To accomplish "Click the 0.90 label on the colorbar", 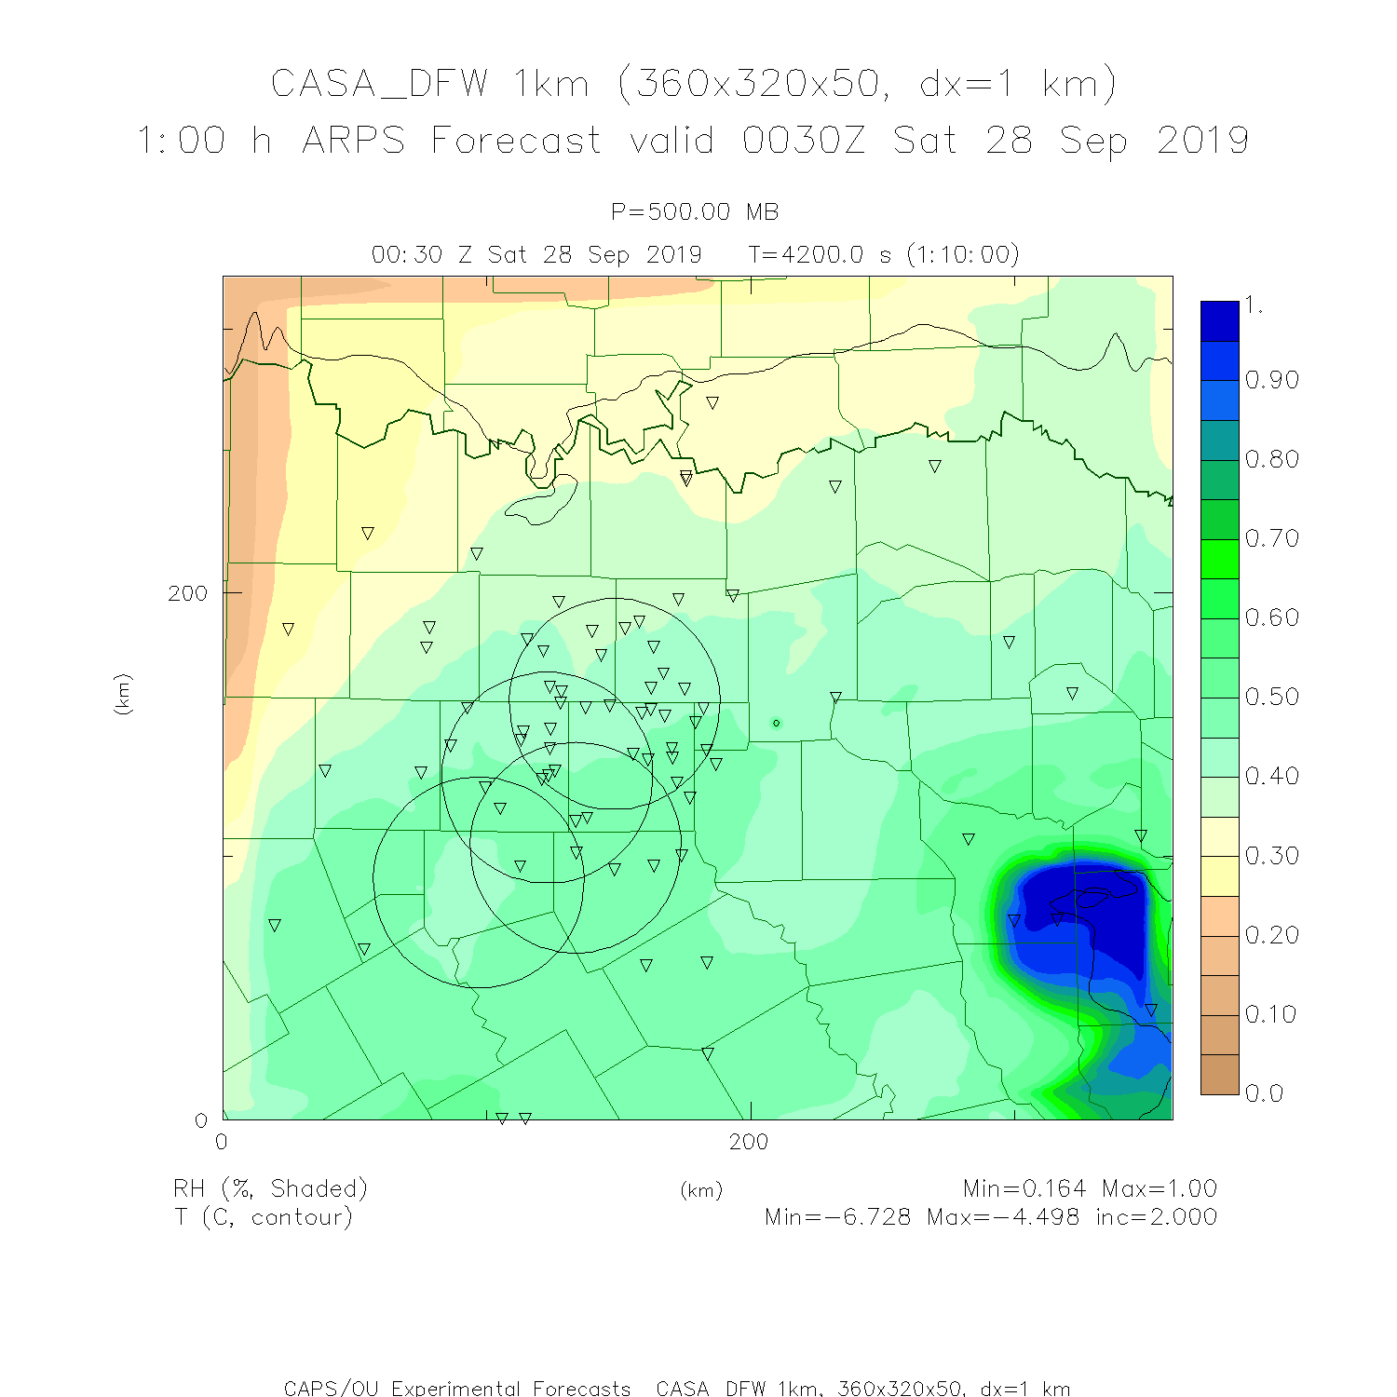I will (1271, 380).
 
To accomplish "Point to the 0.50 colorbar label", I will (1271, 697).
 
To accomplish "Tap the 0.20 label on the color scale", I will (1271, 934).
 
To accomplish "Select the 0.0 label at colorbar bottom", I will (1264, 1093).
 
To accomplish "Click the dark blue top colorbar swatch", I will (1219, 320).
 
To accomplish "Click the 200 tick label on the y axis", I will (187, 593).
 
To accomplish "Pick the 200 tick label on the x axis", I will (749, 1142).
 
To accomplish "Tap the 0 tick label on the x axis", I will (222, 1142).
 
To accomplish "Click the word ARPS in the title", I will (354, 141).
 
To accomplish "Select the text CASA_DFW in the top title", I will (379, 84).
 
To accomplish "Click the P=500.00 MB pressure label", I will (695, 212).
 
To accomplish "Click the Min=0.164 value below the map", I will (1024, 1188).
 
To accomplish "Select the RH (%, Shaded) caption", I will (270, 1189).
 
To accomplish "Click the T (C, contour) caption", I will (264, 1217).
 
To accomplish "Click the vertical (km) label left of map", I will (123, 694).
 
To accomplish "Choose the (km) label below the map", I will (701, 1190).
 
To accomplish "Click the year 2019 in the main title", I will (1202, 141).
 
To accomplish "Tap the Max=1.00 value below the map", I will (1160, 1188).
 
